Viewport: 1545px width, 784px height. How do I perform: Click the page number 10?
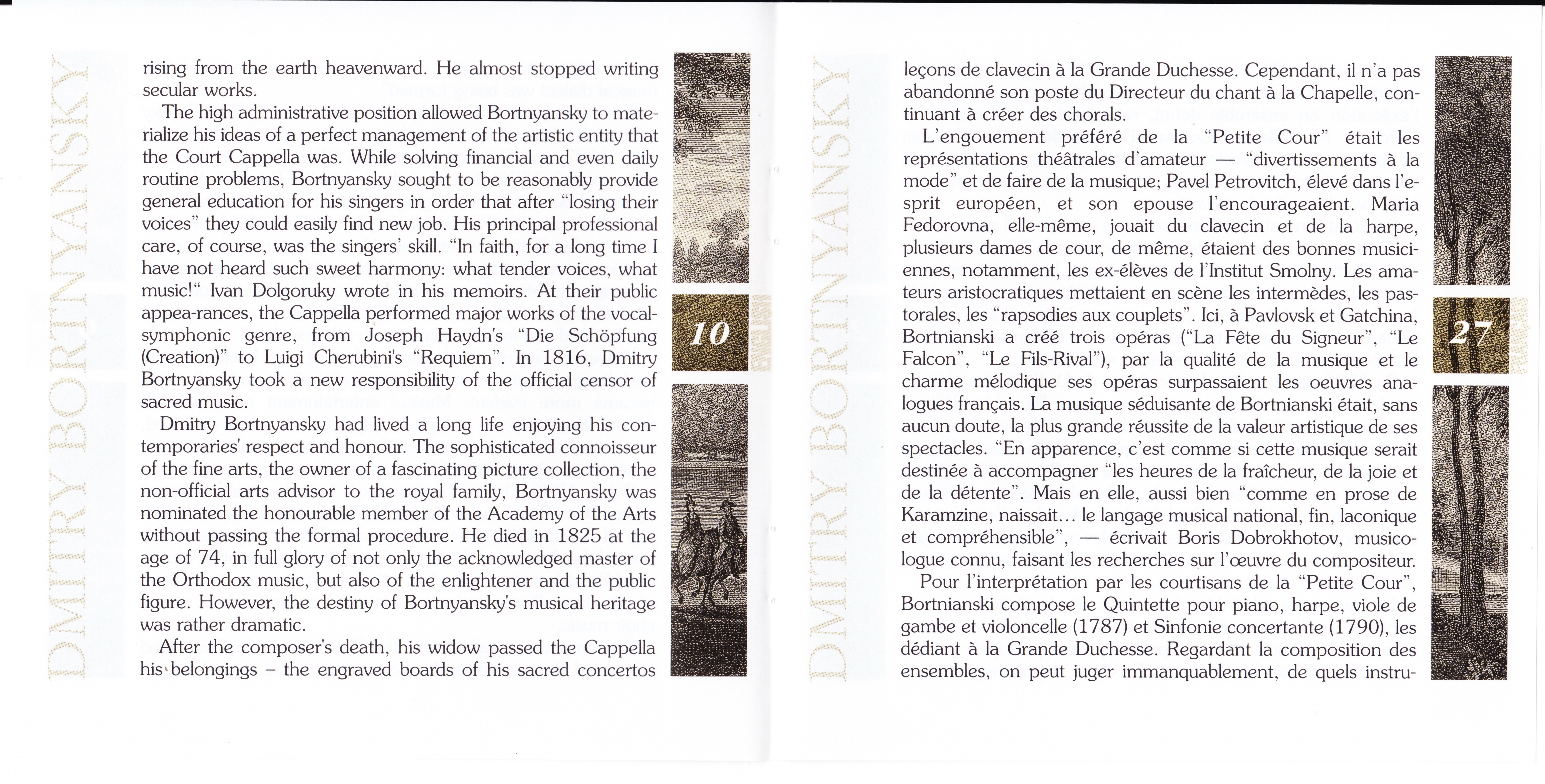[710, 333]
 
